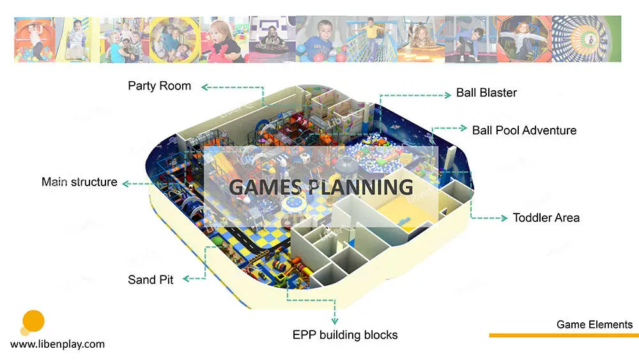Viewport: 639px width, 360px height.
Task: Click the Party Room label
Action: tap(159, 86)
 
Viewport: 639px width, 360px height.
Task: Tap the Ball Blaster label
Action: tap(486, 93)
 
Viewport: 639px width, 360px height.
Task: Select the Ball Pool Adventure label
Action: tap(524, 130)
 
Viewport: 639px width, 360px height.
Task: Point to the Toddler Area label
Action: tap(546, 217)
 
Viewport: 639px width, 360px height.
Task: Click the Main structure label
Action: tap(79, 182)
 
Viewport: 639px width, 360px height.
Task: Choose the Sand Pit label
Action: tap(150, 279)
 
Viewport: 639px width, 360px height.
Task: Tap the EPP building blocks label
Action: tap(345, 335)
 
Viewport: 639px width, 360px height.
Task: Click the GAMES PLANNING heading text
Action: tap(321, 187)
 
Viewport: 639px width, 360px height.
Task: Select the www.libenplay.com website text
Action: tap(58, 344)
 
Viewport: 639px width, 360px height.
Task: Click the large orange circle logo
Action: tap(33, 321)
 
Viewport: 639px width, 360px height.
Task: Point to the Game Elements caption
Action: tap(594, 325)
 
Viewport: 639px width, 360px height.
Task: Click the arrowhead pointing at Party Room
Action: tap(205, 87)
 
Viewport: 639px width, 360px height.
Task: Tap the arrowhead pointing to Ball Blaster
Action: tap(448, 95)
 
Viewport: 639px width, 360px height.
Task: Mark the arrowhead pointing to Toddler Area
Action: tap(504, 218)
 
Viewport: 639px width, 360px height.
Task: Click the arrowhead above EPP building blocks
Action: tap(335, 321)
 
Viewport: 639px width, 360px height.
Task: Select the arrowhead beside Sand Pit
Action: tap(186, 279)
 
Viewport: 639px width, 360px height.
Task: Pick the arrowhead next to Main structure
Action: tap(126, 184)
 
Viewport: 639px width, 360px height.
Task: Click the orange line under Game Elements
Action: tap(564, 336)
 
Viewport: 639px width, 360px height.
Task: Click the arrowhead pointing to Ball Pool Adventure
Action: tap(463, 128)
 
